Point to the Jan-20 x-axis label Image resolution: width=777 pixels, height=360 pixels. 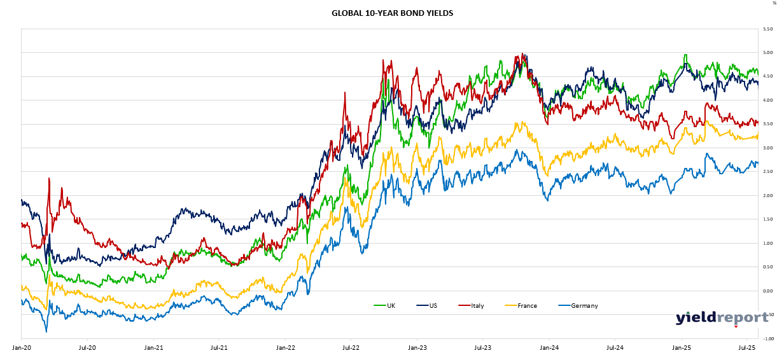pos(21,348)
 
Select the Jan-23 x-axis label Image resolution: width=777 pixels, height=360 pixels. pos(417,348)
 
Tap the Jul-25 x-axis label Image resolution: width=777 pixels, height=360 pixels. pos(746,348)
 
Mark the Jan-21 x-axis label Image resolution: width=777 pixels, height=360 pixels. pos(153,348)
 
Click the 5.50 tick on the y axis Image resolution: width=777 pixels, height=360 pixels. pos(768,29)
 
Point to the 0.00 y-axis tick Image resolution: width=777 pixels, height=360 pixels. pos(768,291)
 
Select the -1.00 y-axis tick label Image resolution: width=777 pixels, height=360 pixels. pos(767,339)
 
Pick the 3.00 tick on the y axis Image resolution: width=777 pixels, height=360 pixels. pos(768,148)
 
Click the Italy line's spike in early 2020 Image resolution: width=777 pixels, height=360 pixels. pos(48,179)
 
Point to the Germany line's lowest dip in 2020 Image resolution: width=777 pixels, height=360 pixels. pos(46,331)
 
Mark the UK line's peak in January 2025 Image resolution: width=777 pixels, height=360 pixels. pos(685,55)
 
